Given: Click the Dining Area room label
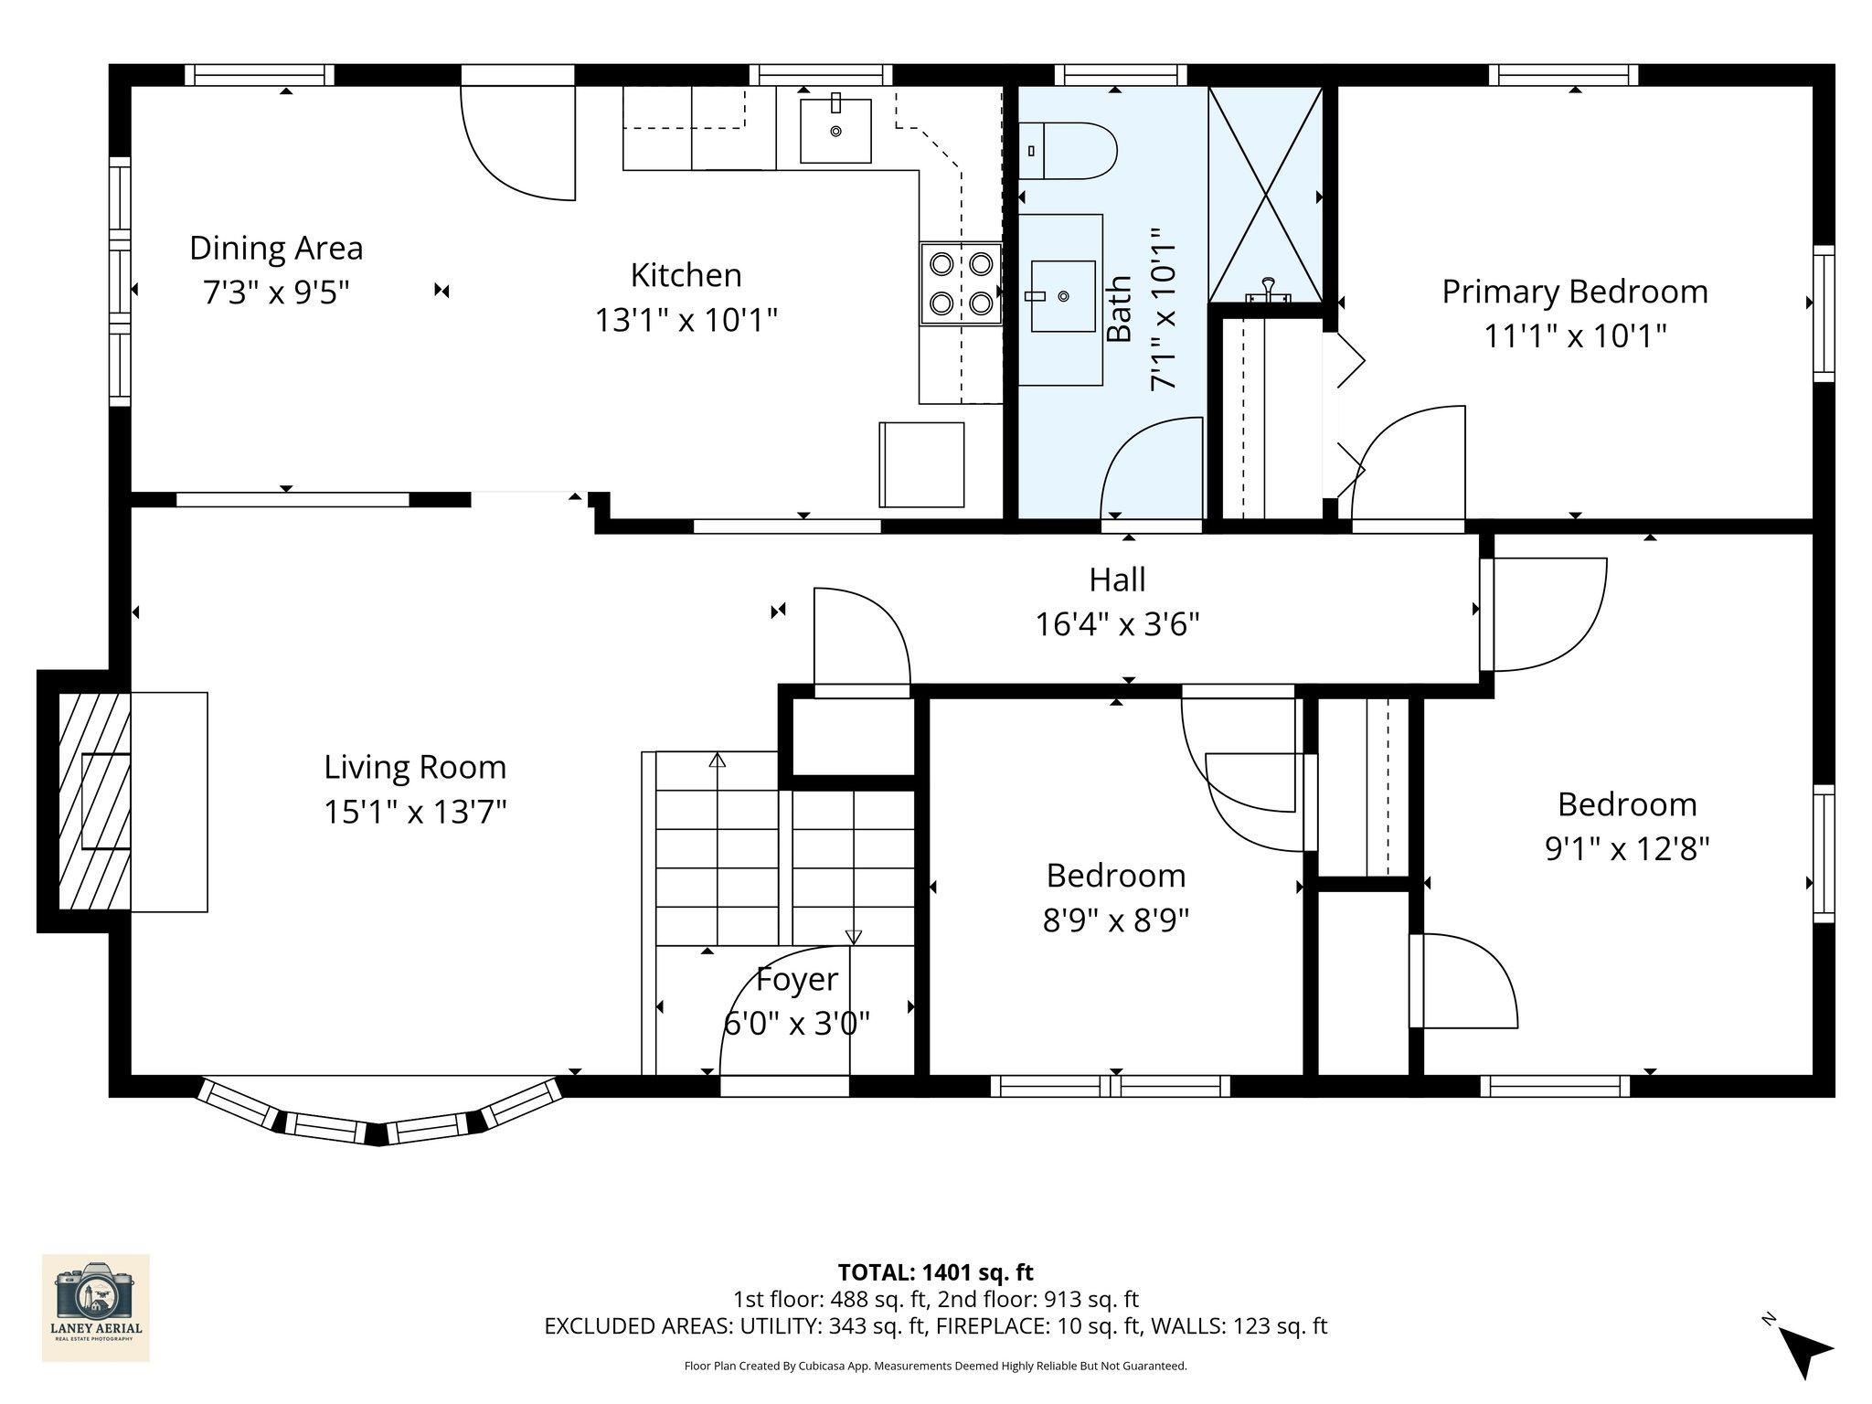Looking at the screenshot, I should (276, 249).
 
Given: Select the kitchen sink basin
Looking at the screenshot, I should (835, 131).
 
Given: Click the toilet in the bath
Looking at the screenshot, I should (1069, 151).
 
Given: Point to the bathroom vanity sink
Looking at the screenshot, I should (1062, 296).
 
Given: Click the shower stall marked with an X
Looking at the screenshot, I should (1266, 194).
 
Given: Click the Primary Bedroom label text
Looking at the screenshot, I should (1574, 292).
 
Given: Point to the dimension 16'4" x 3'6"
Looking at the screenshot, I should (1117, 625).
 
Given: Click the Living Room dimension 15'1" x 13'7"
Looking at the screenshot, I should (415, 812).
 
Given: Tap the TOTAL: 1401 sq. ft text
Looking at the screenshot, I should (935, 1272).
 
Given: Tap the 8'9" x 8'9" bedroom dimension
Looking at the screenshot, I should (1115, 920).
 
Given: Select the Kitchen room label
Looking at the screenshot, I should (686, 276).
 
